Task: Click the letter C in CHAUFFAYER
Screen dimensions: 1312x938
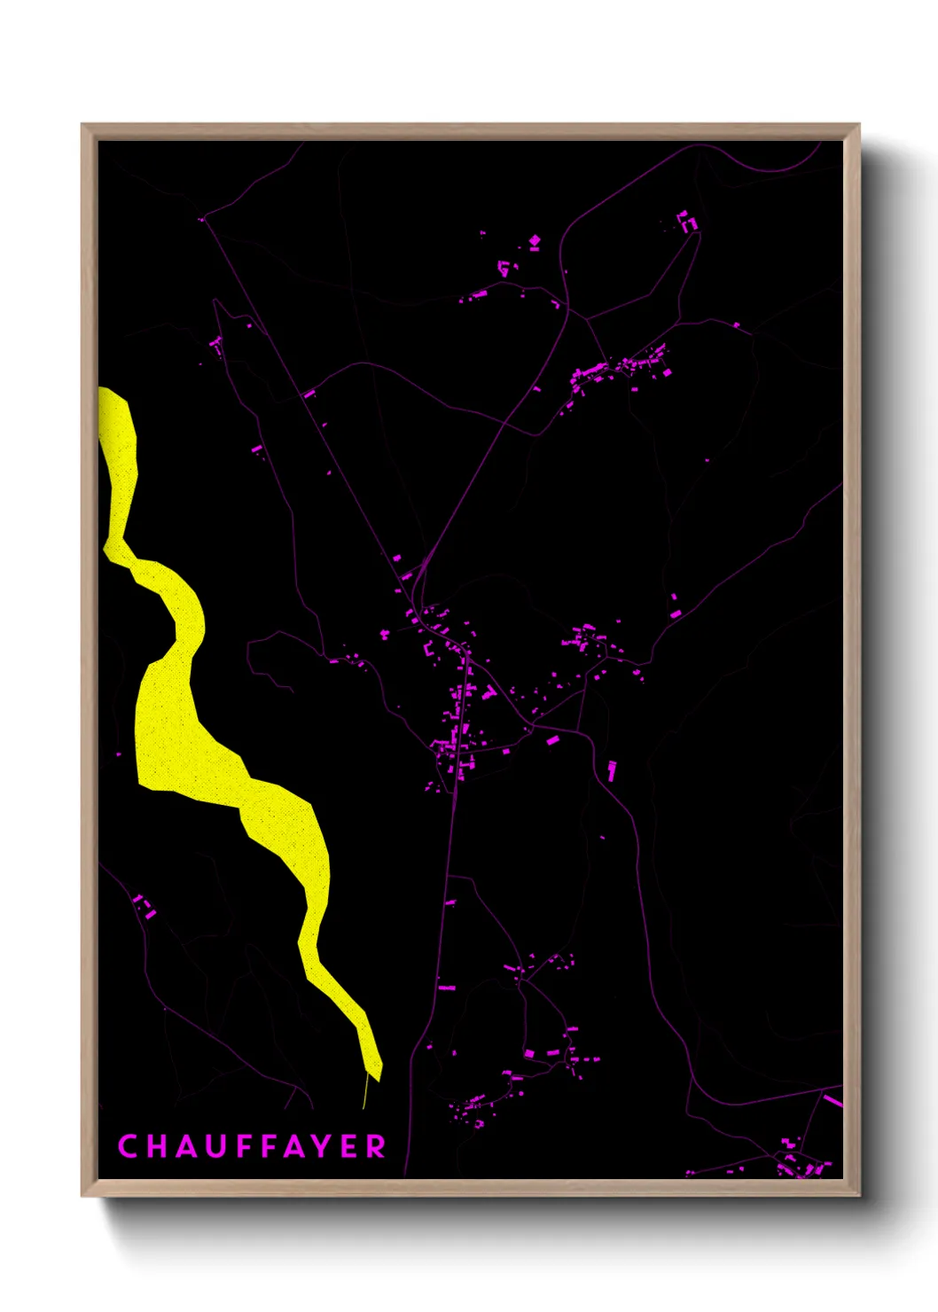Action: tap(128, 1146)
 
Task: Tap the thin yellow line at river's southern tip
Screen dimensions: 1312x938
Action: tap(365, 1091)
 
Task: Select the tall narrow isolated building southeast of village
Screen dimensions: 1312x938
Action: tap(611, 770)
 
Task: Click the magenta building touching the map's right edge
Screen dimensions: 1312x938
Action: tap(832, 1101)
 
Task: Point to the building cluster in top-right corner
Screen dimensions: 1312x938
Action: tap(687, 222)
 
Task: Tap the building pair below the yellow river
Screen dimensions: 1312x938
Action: tap(145, 907)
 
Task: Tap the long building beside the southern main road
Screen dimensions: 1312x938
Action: tap(447, 987)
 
